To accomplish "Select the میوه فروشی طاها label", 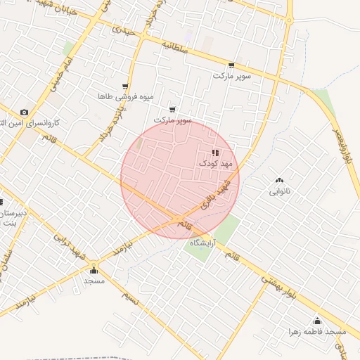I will [123, 96].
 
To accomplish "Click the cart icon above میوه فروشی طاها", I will [125, 86].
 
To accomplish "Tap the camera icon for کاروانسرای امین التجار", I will [25, 112].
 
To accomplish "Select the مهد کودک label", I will [214, 162].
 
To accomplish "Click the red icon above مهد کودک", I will [214, 153].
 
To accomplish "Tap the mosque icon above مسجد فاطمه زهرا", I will [318, 321].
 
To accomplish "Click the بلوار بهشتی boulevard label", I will [284, 288].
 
